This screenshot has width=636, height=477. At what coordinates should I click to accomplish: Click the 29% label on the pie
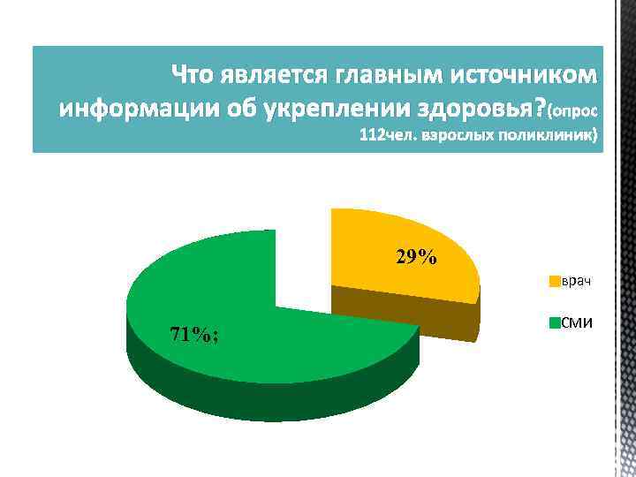tap(415, 258)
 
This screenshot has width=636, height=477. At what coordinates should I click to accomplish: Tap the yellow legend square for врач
tap(554, 282)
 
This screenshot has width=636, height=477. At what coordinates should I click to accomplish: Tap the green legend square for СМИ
tap(554, 322)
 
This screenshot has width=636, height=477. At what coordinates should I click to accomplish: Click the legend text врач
tap(576, 282)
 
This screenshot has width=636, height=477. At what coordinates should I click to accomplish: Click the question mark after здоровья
tap(541, 110)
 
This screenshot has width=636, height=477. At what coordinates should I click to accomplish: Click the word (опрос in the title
tap(573, 112)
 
